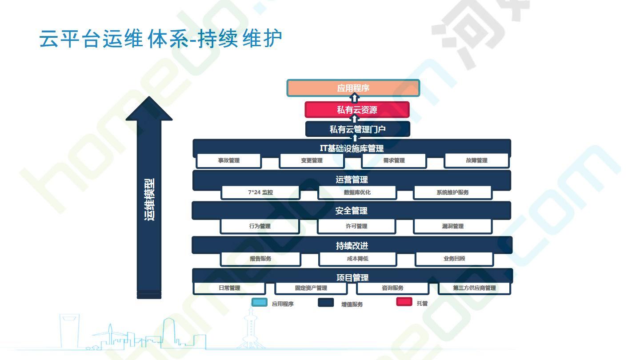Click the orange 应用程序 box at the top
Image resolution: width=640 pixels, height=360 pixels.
[x=353, y=88]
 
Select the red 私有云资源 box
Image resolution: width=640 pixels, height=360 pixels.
[x=357, y=110]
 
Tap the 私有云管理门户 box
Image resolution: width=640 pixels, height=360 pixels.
[x=358, y=129]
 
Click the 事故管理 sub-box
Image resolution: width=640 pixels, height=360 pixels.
[x=228, y=160]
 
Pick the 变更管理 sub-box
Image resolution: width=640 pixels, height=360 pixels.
[x=312, y=160]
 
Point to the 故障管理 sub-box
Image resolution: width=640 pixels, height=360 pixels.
[x=476, y=160]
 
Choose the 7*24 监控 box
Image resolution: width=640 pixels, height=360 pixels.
[x=260, y=192]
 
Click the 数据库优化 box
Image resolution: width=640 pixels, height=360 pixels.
[x=357, y=192]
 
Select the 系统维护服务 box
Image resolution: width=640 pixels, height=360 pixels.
[x=453, y=192]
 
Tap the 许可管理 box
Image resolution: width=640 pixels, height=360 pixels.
[x=356, y=226]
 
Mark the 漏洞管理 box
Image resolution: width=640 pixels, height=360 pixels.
[x=453, y=226]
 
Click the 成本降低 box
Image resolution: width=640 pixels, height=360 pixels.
[x=358, y=259]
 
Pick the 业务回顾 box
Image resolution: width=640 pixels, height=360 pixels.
[x=454, y=259]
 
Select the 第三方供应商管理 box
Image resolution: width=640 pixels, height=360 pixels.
[x=474, y=288]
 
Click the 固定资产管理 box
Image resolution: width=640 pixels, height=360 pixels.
[x=311, y=288]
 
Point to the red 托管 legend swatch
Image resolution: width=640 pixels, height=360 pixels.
[x=404, y=302]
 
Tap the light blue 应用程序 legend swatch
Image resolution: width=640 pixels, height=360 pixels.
[x=260, y=302]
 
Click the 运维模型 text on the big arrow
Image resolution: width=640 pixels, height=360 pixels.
[x=149, y=200]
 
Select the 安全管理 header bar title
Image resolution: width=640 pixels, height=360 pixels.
[x=352, y=211]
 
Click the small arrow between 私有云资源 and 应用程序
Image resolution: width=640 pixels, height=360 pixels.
[x=354, y=98]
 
